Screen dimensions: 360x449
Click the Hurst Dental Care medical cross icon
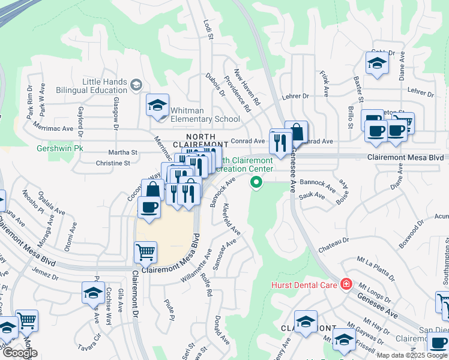[x=346, y=284]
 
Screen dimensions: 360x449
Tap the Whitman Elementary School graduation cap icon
[x=157, y=106]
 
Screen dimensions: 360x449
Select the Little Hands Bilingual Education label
[x=105, y=86]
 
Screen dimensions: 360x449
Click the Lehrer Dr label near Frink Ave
[x=297, y=96]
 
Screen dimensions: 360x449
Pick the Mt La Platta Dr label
[x=376, y=268]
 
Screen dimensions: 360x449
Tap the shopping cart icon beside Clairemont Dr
[x=145, y=252]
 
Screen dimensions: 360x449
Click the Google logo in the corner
[x=20, y=353]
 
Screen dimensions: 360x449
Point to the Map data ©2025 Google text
[x=412, y=355]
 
